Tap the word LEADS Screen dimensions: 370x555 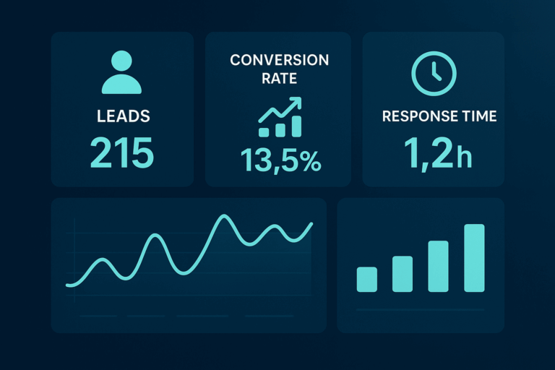click(x=122, y=116)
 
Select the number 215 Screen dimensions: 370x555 click(x=122, y=152)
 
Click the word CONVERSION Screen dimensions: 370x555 click(x=279, y=61)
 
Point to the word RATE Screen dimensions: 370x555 click(x=279, y=79)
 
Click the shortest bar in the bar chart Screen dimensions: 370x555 click(x=367, y=279)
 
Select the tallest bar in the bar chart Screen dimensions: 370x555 click(x=474, y=258)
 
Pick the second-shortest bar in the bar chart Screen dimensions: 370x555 click(x=403, y=273)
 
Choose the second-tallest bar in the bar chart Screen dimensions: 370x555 click(x=438, y=266)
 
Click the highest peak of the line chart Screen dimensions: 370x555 click(x=226, y=216)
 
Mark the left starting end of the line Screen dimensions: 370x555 click(x=67, y=285)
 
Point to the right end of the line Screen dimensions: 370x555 click(x=311, y=224)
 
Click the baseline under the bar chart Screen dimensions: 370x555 click(x=420, y=310)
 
